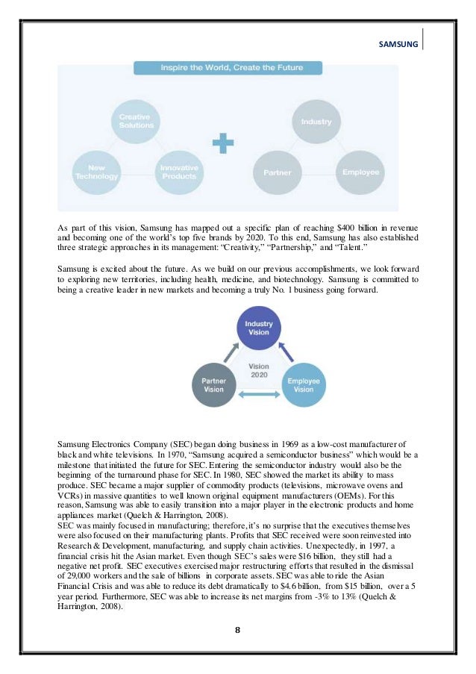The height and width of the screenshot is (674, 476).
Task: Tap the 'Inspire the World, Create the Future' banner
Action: pyautogui.click(x=228, y=68)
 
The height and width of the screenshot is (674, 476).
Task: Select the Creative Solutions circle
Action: pyautogui.click(x=135, y=121)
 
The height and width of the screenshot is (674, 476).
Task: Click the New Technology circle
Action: pyautogui.click(x=96, y=172)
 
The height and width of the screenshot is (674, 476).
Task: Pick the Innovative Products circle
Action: pyautogui.click(x=179, y=172)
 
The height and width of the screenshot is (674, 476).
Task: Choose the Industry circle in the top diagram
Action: pyautogui.click(x=316, y=121)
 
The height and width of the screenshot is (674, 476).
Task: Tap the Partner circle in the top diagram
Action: pyautogui.click(x=278, y=172)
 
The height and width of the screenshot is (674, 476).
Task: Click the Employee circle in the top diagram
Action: pyautogui.click(x=360, y=172)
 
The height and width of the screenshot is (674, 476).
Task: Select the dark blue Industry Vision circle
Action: pyautogui.click(x=259, y=328)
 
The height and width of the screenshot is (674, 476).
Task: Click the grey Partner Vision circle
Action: pyautogui.click(x=213, y=384)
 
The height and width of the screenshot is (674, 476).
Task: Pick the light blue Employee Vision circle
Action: pyautogui.click(x=304, y=384)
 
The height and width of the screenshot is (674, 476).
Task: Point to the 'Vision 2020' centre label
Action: pyautogui.click(x=259, y=371)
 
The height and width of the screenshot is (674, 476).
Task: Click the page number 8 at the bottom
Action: pyautogui.click(x=237, y=629)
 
